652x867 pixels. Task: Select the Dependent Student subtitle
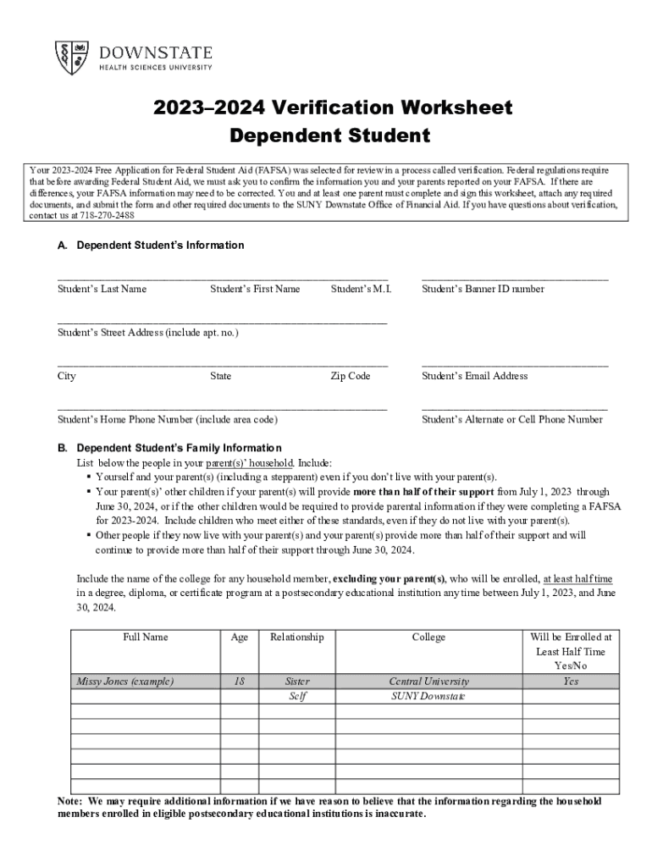[x=329, y=135]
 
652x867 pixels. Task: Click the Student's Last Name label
[x=102, y=289]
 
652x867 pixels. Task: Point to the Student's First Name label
[x=255, y=289]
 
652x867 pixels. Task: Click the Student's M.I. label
[x=361, y=289]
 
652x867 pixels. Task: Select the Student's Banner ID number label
[x=483, y=289]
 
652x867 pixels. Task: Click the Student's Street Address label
[x=147, y=333]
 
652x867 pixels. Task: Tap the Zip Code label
[x=350, y=376]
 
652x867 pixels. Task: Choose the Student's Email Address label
[x=474, y=376]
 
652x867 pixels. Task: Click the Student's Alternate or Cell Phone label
[x=511, y=419]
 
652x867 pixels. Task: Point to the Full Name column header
[x=145, y=637]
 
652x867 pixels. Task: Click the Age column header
[x=240, y=637]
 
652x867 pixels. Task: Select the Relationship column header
[x=296, y=637]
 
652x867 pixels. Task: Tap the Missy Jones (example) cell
[x=124, y=681]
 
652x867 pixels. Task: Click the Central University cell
[x=428, y=681]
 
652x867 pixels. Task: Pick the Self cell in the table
[x=297, y=696]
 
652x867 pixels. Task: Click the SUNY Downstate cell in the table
[x=428, y=696]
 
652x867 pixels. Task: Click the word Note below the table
[x=69, y=801]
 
